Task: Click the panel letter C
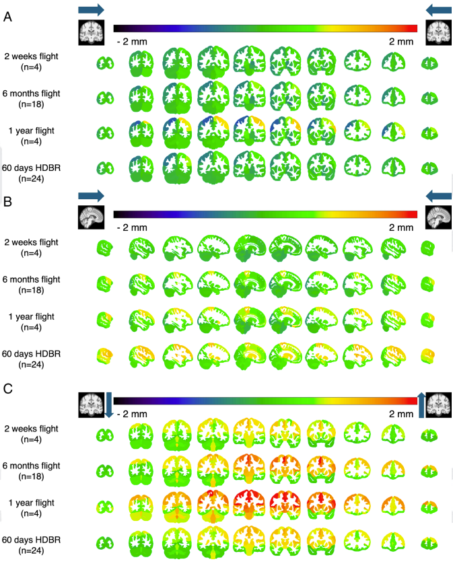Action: point(7,389)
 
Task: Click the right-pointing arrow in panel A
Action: point(91,9)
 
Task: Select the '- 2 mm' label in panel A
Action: point(131,42)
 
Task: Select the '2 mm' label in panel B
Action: point(401,227)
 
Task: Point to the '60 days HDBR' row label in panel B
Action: point(29,354)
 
